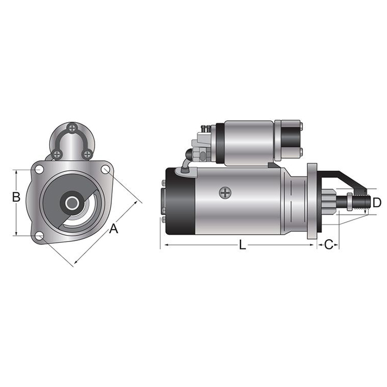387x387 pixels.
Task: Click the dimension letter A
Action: pyautogui.click(x=113, y=228)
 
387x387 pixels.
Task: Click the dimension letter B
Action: pyautogui.click(x=17, y=197)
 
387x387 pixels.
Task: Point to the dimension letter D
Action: pyautogui.click(x=376, y=202)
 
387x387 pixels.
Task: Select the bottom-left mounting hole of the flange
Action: pyautogui.click(x=39, y=236)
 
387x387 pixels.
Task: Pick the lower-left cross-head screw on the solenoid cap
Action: pyautogui.click(x=57, y=154)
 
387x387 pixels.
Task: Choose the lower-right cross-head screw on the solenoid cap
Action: pyautogui.click(x=87, y=154)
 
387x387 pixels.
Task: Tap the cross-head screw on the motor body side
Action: pyautogui.click(x=224, y=193)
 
